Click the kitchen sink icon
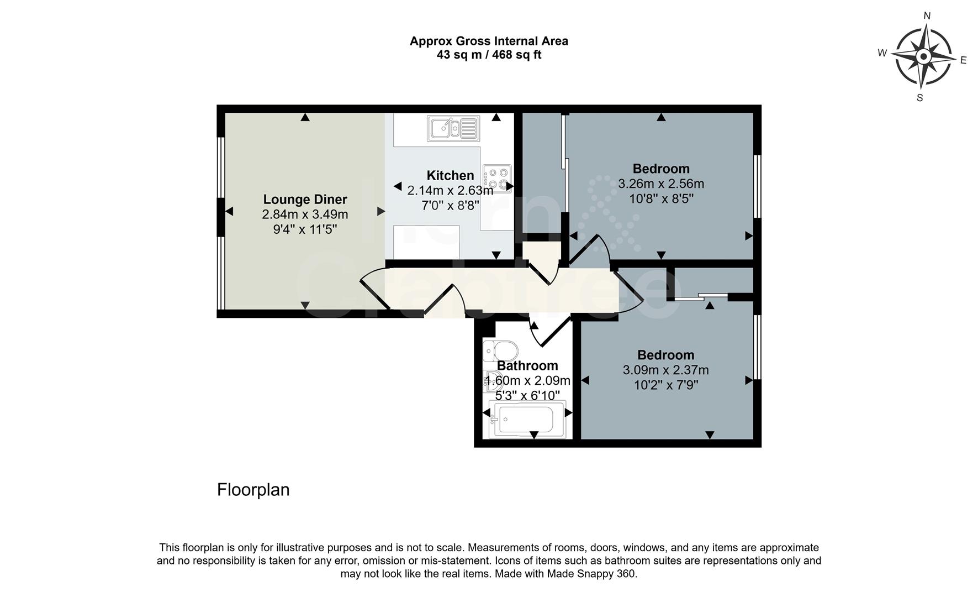point(452,128)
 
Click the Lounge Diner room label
point(305,200)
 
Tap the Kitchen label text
point(450,176)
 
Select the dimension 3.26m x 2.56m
point(661,184)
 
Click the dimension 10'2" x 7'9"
point(666,385)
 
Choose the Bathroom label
point(527,366)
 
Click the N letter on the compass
point(927,17)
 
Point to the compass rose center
point(923,57)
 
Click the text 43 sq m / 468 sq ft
point(489,55)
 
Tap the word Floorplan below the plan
point(253,490)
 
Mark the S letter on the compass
point(919,98)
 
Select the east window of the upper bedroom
point(758,186)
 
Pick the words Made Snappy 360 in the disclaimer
point(591,574)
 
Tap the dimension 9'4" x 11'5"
point(305,228)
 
